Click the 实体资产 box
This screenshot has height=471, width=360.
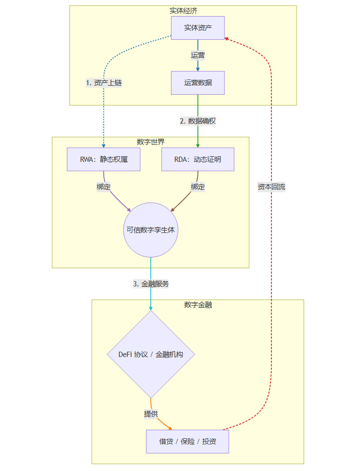point(198,28)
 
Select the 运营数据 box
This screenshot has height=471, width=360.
point(198,83)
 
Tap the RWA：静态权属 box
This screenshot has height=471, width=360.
point(104,160)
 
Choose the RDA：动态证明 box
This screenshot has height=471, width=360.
point(198,160)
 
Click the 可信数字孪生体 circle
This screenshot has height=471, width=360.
point(151,230)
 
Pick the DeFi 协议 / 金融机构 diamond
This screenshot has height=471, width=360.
point(151,354)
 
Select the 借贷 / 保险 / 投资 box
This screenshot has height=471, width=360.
point(188,442)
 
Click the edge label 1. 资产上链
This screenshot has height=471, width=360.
point(104,83)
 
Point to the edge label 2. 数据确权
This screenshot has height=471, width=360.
point(198,121)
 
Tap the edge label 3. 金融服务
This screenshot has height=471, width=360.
point(151,284)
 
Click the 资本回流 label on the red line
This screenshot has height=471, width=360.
point(271,187)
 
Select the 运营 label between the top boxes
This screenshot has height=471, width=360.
point(198,55)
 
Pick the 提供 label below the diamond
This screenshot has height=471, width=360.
point(151,414)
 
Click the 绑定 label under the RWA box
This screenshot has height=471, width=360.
point(104,187)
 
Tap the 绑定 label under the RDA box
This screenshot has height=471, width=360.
point(198,187)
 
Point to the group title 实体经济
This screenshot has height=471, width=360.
point(183,10)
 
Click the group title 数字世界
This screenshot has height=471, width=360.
point(151,142)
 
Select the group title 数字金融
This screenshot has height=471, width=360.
point(198,304)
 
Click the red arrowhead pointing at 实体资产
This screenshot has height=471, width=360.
point(227,38)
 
